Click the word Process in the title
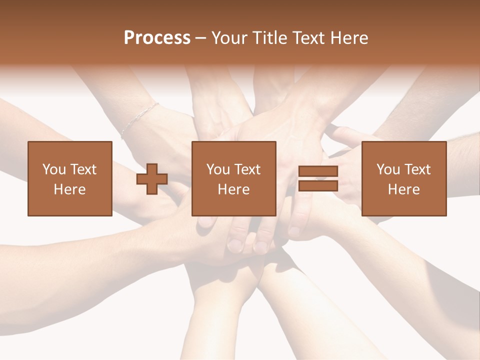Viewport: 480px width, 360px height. [x=157, y=38]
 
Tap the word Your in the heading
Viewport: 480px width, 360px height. [x=231, y=38]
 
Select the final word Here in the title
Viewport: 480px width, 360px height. [x=348, y=38]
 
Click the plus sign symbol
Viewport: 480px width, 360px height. [x=152, y=179]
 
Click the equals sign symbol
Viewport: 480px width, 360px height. [x=318, y=178]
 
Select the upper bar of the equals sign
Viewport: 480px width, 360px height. [x=318, y=171]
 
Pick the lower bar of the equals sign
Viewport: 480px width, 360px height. [x=318, y=185]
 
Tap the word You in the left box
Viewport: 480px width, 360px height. [x=54, y=169]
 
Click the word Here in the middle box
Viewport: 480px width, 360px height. [x=234, y=189]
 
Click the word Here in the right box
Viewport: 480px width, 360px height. [x=404, y=189]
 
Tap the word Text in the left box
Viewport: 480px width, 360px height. [x=83, y=169]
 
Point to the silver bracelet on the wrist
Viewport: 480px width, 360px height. [x=138, y=119]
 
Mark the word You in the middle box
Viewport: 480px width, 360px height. [x=218, y=169]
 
